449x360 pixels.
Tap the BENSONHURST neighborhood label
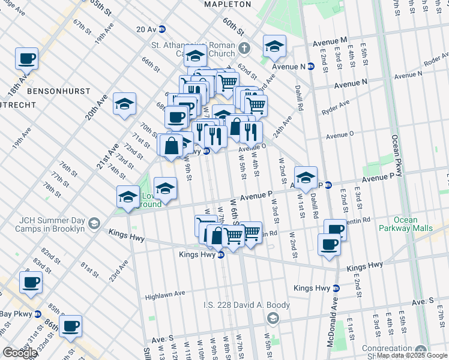pyautogui.click(x=58, y=91)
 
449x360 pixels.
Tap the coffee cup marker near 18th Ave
pyautogui.click(x=27, y=59)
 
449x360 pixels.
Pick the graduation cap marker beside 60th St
pyautogui.click(x=274, y=46)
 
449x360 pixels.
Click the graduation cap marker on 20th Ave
pyautogui.click(x=125, y=104)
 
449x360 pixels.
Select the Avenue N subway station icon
pyautogui.click(x=311, y=67)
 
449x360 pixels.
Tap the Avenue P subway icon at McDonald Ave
pyautogui.click(x=328, y=184)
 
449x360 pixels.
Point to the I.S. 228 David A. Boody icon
pyautogui.click(x=273, y=317)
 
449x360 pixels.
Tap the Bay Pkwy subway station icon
pyautogui.click(x=37, y=314)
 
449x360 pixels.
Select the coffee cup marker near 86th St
pyautogui.click(x=70, y=326)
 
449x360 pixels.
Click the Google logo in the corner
pyautogui.click(x=20, y=353)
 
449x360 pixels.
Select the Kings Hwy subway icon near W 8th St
pyautogui.click(x=220, y=254)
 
